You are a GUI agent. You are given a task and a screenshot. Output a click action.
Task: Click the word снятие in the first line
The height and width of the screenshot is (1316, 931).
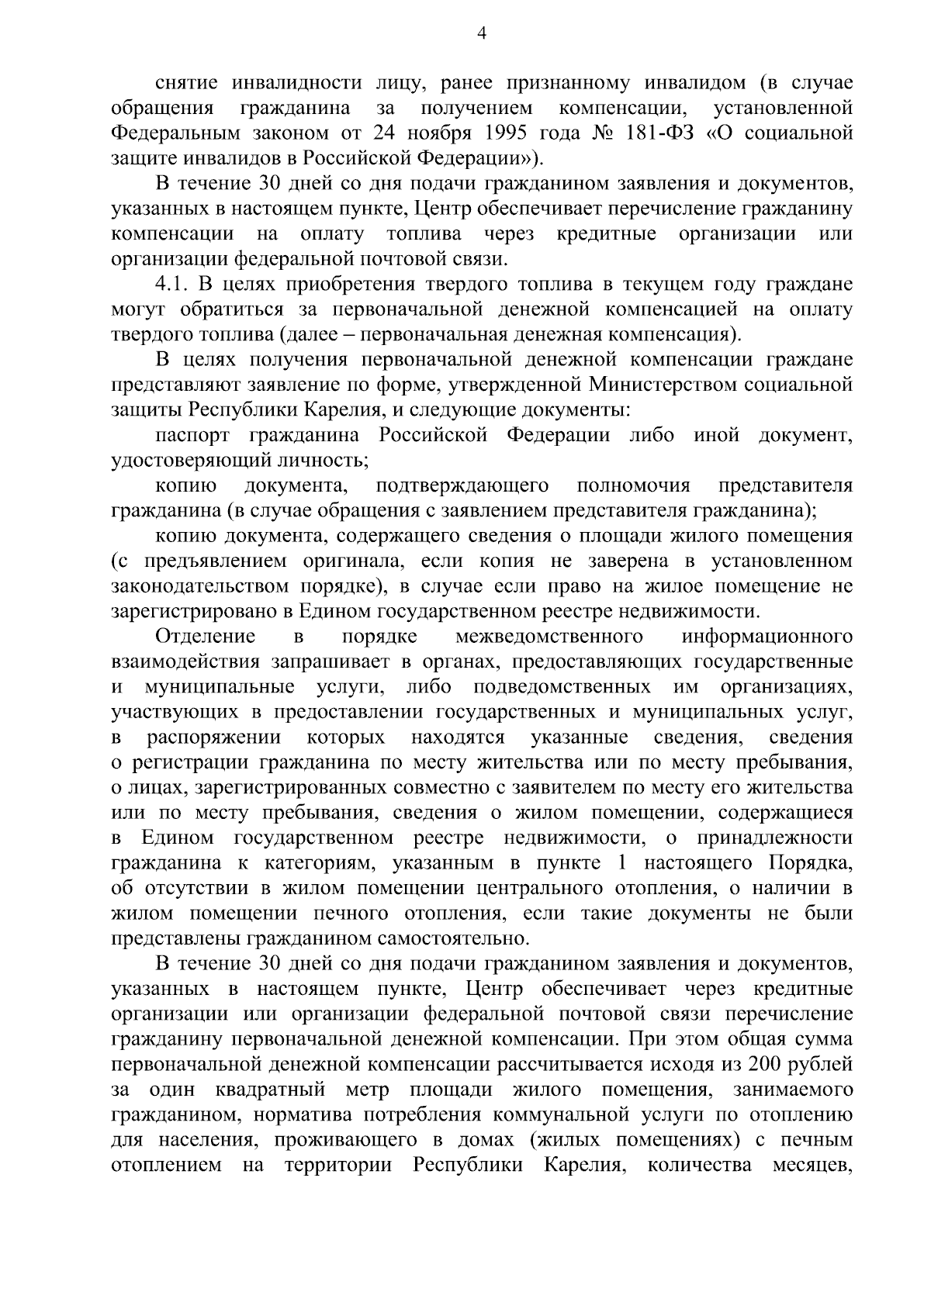[x=189, y=83]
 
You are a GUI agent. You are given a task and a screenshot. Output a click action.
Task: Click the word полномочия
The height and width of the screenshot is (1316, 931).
[x=634, y=486]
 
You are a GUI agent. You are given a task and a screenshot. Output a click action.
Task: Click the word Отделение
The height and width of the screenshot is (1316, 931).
[x=206, y=637]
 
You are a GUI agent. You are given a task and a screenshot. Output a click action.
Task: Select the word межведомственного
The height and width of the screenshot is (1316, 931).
[x=549, y=637]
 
